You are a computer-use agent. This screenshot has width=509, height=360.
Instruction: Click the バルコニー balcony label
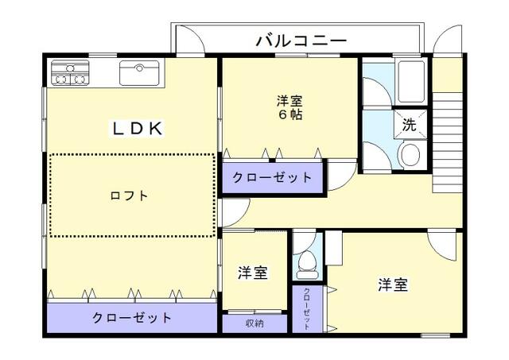301,41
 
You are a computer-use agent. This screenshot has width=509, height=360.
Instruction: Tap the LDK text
136,128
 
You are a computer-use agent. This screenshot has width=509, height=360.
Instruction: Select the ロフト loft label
130,195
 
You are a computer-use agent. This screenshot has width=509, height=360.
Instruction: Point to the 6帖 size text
289,114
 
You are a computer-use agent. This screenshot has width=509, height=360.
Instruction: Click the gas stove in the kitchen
68,73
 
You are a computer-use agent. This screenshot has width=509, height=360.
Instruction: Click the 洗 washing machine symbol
409,124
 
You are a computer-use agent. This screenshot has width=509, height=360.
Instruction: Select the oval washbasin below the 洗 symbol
410,155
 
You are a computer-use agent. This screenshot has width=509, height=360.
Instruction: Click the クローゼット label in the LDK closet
132,317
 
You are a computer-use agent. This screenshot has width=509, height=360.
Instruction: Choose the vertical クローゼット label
307,308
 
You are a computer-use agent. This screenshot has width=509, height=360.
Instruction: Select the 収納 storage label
254,323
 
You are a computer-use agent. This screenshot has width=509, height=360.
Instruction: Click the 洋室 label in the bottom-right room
393,285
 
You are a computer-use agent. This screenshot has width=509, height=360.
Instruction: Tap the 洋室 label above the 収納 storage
252,273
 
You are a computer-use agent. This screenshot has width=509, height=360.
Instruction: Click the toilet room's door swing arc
305,240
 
